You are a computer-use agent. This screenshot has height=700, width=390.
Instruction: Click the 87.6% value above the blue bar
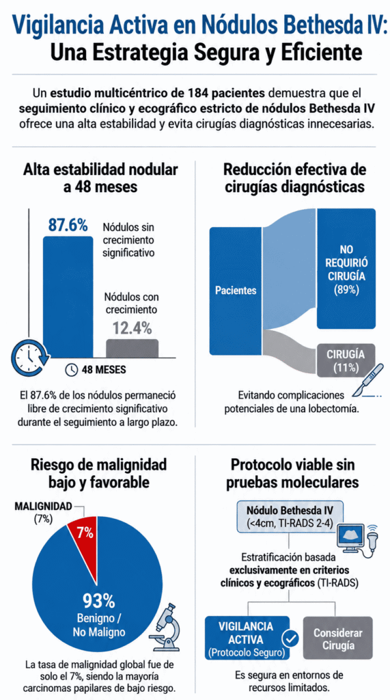[68, 225]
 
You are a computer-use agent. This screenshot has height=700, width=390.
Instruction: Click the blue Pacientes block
[236, 291]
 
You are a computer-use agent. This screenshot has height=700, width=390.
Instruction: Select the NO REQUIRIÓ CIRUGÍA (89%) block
[346, 269]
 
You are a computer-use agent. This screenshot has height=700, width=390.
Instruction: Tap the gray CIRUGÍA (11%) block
[346, 361]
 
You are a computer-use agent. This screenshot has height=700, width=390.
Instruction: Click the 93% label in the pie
[98, 601]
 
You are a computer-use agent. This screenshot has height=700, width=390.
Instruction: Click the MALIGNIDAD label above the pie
[43, 507]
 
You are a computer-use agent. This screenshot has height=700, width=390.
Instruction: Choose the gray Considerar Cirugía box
[337, 639]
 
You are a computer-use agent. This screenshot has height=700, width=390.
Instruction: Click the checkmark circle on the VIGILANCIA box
[292, 639]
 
